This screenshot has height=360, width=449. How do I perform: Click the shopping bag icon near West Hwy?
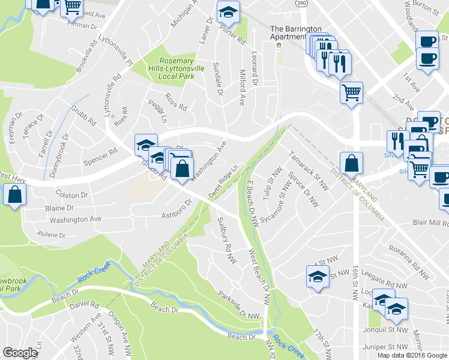14,194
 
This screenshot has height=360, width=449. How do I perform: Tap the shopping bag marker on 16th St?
351,163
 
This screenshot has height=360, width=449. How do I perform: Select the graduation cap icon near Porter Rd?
228,11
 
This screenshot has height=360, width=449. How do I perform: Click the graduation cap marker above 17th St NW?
317,277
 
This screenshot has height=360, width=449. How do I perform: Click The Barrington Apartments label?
296,32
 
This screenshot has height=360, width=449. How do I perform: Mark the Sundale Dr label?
218,82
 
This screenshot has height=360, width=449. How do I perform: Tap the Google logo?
20,353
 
